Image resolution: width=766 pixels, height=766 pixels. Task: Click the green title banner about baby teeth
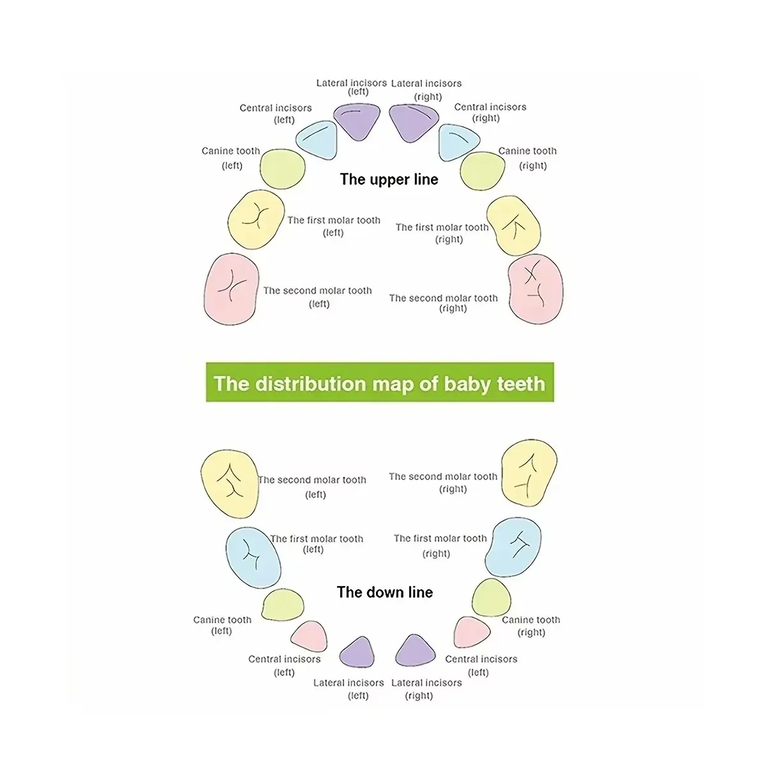[380, 383]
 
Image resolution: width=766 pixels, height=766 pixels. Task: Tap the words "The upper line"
[389, 179]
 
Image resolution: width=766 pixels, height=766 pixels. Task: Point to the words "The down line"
[384, 592]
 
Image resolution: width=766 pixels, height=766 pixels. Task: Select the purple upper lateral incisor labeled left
[357, 121]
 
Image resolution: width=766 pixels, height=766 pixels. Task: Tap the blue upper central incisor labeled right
[457, 143]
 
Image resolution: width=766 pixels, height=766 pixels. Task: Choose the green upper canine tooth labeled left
[282, 169]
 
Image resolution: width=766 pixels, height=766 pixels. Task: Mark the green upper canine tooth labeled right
[483, 171]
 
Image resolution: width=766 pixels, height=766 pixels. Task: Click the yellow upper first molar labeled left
[256, 220]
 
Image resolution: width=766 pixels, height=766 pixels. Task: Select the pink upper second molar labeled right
[536, 289]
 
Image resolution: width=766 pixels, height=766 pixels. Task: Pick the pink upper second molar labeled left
[231, 288]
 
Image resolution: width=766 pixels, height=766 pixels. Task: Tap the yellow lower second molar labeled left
[230, 483]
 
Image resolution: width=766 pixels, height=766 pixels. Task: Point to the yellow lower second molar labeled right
[529, 472]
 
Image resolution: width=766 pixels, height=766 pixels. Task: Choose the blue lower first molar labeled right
[514, 546]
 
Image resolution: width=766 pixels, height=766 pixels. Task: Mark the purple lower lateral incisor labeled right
[415, 651]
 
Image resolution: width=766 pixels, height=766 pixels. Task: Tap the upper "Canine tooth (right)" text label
[528, 158]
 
